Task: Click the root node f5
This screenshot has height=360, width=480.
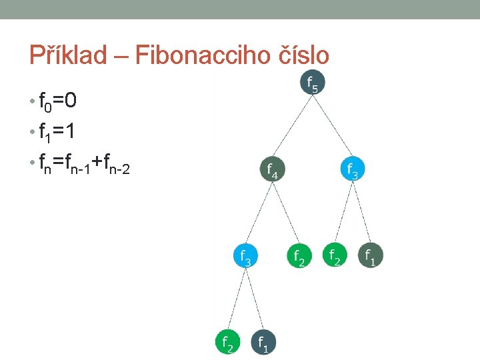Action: pos(312,83)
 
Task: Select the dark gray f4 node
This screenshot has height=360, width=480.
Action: pos(272,170)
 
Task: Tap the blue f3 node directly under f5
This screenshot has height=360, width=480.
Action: pos(353,170)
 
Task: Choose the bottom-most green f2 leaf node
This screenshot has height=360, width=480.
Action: pos(227,341)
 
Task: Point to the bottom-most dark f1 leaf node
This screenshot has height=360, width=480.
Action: pos(263,341)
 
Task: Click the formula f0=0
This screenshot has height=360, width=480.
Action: pos(57,101)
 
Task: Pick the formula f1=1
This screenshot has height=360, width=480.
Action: pos(57,133)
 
